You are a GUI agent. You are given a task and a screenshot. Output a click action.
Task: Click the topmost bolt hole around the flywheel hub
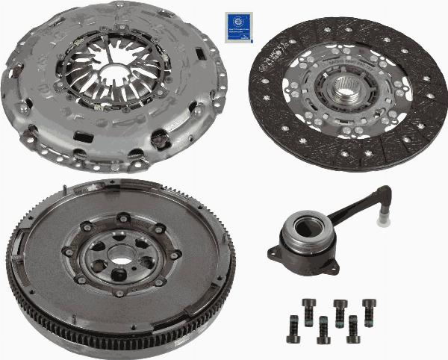122,218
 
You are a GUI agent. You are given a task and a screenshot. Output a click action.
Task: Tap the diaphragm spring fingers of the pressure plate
138,82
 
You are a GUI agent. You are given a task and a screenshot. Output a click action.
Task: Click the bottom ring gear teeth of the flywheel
119,351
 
